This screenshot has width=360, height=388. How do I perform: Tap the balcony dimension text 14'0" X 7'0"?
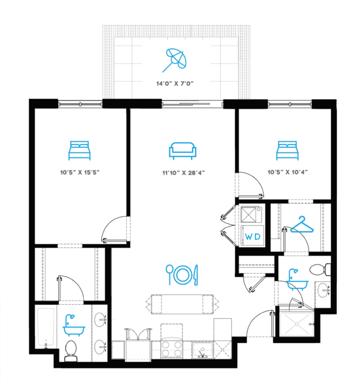(x=175, y=83)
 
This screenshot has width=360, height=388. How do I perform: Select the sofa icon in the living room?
(x=183, y=151)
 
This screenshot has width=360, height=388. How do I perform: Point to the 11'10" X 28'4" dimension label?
(x=183, y=172)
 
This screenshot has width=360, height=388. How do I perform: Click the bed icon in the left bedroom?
(x=80, y=151)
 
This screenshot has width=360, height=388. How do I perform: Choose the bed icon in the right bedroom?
(x=287, y=151)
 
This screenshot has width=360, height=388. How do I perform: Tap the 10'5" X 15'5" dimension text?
(x=80, y=172)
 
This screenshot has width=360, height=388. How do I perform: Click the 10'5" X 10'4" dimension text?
(x=288, y=172)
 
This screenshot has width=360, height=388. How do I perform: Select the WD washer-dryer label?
(x=253, y=237)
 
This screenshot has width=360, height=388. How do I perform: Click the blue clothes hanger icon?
(x=302, y=225)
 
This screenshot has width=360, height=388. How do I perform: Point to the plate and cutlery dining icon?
(x=182, y=274)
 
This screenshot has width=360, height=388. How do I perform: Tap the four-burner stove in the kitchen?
(x=171, y=349)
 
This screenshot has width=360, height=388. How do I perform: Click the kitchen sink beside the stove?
(x=202, y=350)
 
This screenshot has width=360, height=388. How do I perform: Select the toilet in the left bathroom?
(x=71, y=351)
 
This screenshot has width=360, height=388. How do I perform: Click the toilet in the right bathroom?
(x=320, y=270)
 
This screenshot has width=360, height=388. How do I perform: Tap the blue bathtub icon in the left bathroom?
(x=73, y=325)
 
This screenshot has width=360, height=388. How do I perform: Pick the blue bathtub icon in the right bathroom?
(x=297, y=279)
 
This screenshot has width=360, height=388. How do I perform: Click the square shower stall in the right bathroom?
(x=297, y=324)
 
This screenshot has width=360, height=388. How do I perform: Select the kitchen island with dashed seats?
(x=182, y=304)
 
